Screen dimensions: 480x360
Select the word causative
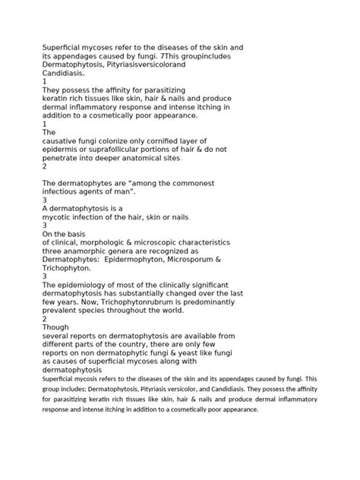[64, 141]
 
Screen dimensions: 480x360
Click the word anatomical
[158, 159]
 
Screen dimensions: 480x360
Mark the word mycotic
[59, 217]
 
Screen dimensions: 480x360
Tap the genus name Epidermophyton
[140, 259]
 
